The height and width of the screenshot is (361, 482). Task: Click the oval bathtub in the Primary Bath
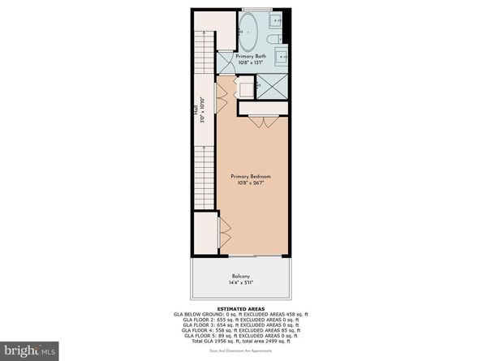coord(250,33)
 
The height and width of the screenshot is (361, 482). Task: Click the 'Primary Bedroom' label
coord(250,176)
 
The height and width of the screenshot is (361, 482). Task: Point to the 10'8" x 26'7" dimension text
coord(250,183)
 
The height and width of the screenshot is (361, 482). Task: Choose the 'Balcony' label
coord(240,277)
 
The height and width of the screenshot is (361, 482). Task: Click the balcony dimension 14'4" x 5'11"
coord(240,284)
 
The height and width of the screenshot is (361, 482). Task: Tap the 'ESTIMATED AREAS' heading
coord(240,308)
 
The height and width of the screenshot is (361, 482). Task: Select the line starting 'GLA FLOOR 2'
coord(240,319)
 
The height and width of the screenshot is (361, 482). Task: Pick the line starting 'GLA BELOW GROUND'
coord(240,314)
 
